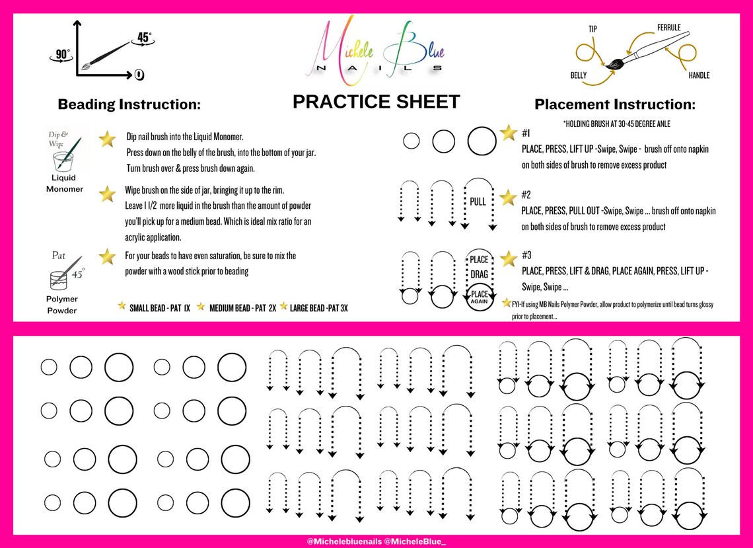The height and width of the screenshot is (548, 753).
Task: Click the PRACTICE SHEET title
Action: [x=376, y=102]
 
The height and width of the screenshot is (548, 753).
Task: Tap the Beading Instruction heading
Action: [x=129, y=104]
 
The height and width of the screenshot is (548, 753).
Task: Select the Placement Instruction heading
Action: [x=614, y=104]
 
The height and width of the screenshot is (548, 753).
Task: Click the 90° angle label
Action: [x=62, y=55]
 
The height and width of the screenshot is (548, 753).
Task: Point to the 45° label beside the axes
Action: [x=144, y=37]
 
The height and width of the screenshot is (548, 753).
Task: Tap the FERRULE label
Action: [x=668, y=28]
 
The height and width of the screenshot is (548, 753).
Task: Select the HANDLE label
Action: [x=699, y=75]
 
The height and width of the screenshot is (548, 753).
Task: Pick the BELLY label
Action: [x=579, y=75]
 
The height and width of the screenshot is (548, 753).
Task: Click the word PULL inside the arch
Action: [x=478, y=200]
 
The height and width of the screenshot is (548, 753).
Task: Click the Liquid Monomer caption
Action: [x=65, y=183]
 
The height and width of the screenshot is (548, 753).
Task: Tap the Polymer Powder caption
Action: [x=62, y=305]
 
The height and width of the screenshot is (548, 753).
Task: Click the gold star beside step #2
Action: [x=508, y=197]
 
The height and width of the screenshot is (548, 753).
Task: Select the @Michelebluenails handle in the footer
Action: [x=344, y=541]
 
